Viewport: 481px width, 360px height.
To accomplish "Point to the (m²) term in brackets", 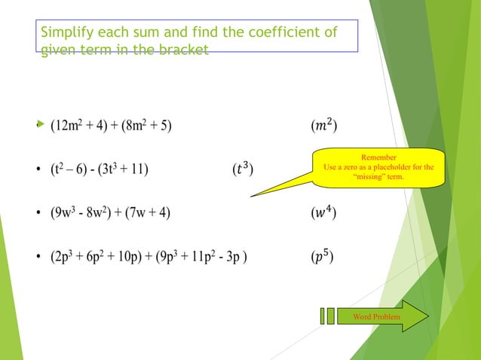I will pos(324,125).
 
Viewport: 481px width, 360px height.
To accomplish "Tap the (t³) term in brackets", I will pos(240,168).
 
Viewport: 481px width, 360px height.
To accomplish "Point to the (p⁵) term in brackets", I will pos(324,257).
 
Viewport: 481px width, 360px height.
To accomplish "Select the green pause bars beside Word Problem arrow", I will pos(326,316).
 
